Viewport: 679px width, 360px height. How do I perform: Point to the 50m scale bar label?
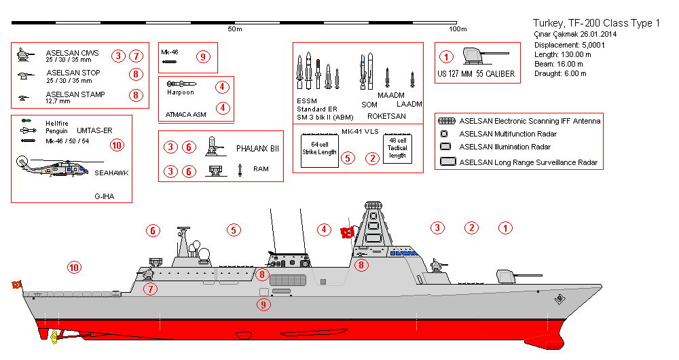click(x=234, y=29)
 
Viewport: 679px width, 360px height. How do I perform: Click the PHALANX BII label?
click(x=257, y=147)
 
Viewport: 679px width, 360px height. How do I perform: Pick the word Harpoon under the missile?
click(x=181, y=92)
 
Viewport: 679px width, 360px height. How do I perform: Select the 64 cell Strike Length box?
click(x=319, y=149)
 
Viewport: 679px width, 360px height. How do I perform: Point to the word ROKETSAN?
click(x=386, y=116)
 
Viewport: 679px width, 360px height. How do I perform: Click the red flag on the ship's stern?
click(x=16, y=284)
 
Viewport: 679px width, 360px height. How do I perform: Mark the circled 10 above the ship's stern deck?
click(x=74, y=267)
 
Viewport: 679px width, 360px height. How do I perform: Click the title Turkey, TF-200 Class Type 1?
click(x=596, y=23)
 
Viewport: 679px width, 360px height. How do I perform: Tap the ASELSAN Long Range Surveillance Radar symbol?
click(x=447, y=162)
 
